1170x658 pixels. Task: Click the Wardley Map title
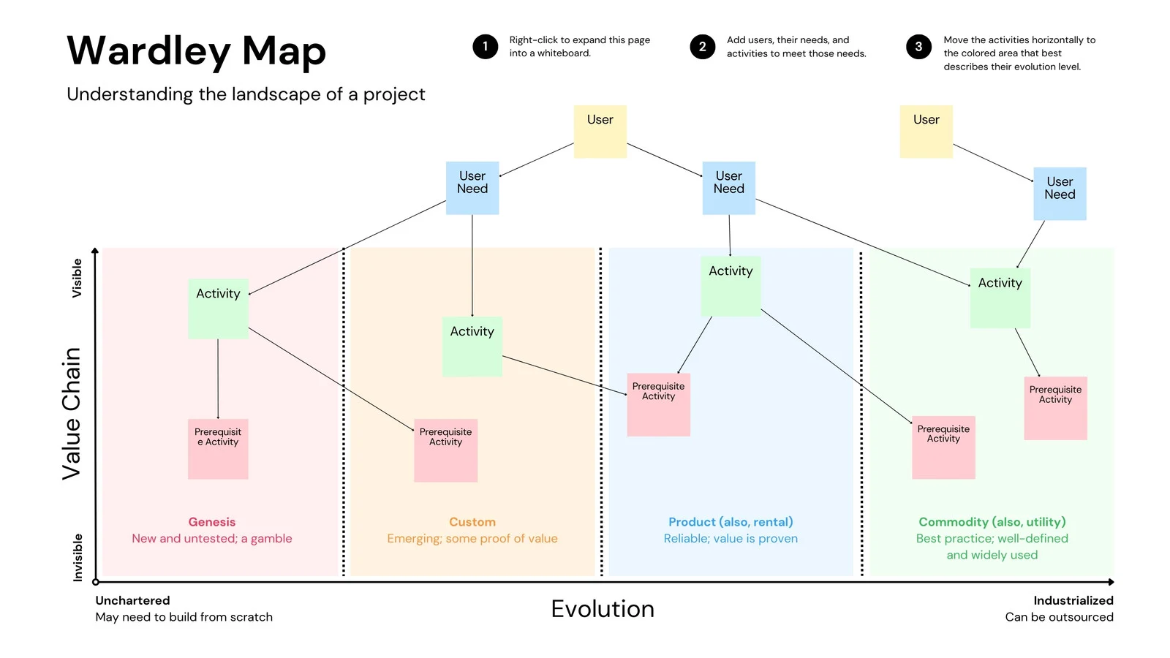(x=196, y=51)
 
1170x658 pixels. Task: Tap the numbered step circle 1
(x=485, y=47)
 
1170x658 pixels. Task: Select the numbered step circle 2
(x=702, y=47)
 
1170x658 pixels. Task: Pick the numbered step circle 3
(x=918, y=47)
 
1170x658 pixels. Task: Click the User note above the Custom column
(x=600, y=132)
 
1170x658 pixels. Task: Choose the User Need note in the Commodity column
(x=1060, y=194)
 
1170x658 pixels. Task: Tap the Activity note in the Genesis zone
(x=218, y=309)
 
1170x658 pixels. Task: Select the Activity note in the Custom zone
(x=472, y=347)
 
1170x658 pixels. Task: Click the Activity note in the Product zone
(x=731, y=286)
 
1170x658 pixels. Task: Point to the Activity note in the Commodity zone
(x=1000, y=298)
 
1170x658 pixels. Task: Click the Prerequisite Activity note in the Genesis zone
(x=218, y=449)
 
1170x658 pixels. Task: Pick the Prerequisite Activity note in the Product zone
(x=658, y=404)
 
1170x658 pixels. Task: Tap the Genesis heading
(x=212, y=522)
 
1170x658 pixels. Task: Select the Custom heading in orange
(x=472, y=522)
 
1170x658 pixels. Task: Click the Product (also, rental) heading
(x=731, y=522)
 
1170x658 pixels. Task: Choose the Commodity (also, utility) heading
(x=992, y=522)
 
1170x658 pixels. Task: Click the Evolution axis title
(x=603, y=609)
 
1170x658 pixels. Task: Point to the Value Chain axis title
(x=71, y=414)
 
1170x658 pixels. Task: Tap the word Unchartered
(x=132, y=601)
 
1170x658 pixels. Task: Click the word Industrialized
(x=1073, y=601)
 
